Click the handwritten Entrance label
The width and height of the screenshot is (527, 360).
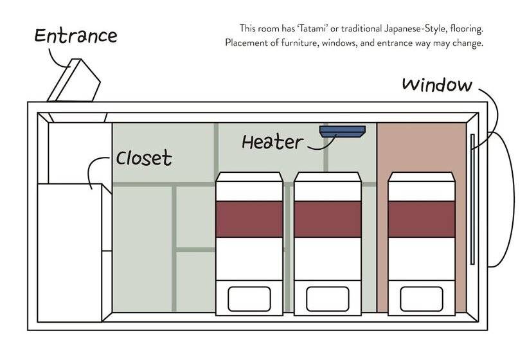coord(75,35)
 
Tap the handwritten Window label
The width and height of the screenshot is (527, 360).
coord(437,85)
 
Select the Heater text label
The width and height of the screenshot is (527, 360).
coord(272,141)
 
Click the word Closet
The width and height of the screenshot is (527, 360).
coord(144,157)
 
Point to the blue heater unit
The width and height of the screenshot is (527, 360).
coord(342,131)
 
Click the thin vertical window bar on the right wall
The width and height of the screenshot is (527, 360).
coord(472,199)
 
